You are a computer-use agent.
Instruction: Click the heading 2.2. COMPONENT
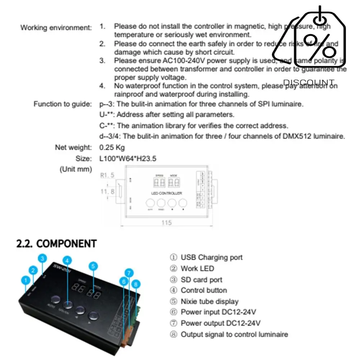point(56,243)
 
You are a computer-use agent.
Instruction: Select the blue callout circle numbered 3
point(43,259)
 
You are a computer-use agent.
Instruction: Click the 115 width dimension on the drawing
point(166,223)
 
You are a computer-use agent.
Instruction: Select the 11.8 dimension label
point(107,192)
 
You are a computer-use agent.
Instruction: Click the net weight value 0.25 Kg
point(112,147)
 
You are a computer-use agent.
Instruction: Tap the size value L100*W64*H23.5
point(128,158)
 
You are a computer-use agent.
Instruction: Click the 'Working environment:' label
point(56,28)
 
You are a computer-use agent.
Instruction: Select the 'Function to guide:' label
point(63,104)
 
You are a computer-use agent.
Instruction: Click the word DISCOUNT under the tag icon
point(309,83)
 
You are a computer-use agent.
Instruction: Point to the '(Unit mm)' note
point(76,169)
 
